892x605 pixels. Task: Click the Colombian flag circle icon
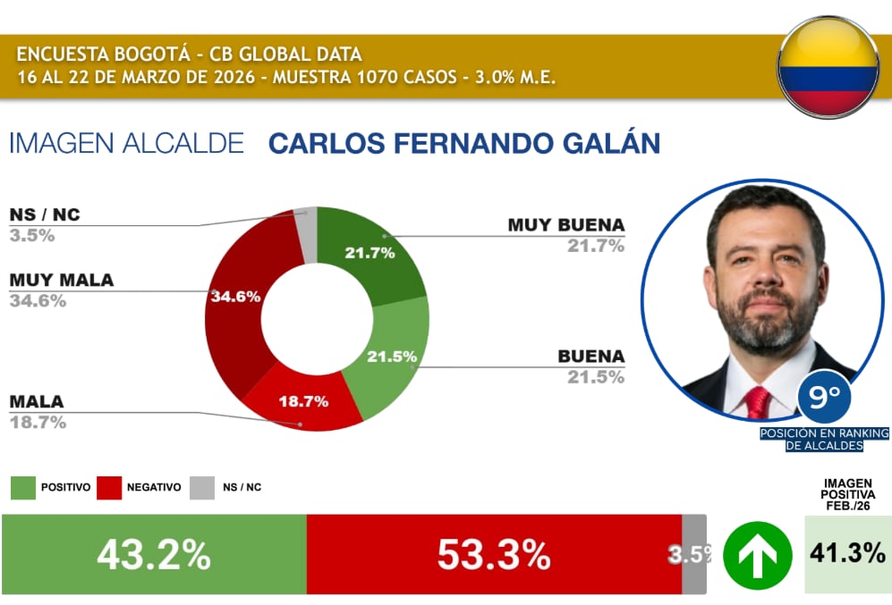click(x=828, y=66)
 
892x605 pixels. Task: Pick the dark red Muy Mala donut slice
click(x=237, y=304)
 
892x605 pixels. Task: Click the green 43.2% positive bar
click(x=154, y=555)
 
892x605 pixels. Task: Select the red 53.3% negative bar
click(x=494, y=555)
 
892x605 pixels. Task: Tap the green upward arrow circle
click(x=757, y=555)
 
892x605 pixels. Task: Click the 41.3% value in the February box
click(x=847, y=553)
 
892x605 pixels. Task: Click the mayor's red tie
click(x=759, y=403)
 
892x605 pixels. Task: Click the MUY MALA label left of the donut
click(x=62, y=281)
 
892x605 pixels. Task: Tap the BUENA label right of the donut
click(x=590, y=357)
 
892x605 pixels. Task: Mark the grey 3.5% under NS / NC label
click(x=32, y=236)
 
